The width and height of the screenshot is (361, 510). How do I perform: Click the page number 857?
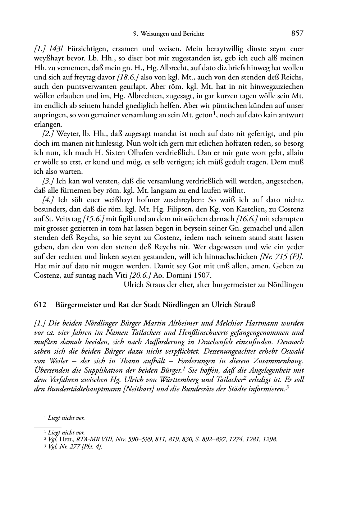[297, 33]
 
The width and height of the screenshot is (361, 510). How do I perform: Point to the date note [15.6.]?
[94, 219]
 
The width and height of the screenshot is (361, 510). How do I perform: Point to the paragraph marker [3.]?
[48, 181]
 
